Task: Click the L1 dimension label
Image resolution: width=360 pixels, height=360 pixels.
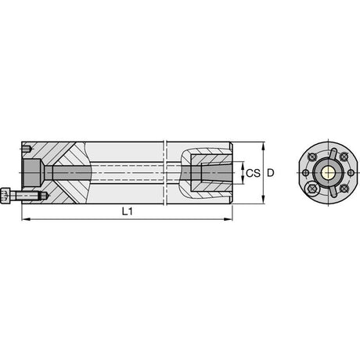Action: pyautogui.click(x=128, y=211)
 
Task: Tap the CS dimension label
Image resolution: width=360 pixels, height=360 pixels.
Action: pyautogui.click(x=253, y=173)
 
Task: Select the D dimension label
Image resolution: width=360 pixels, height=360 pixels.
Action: pyautogui.click(x=271, y=173)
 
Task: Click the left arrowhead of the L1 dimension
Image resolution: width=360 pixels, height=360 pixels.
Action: pyautogui.click(x=25, y=219)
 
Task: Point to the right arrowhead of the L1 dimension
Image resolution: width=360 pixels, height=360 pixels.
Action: pyautogui.click(x=229, y=219)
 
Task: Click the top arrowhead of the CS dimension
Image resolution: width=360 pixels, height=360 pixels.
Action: pyautogui.click(x=243, y=165)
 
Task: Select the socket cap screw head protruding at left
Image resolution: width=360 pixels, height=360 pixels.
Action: pyautogui.click(x=5, y=196)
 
